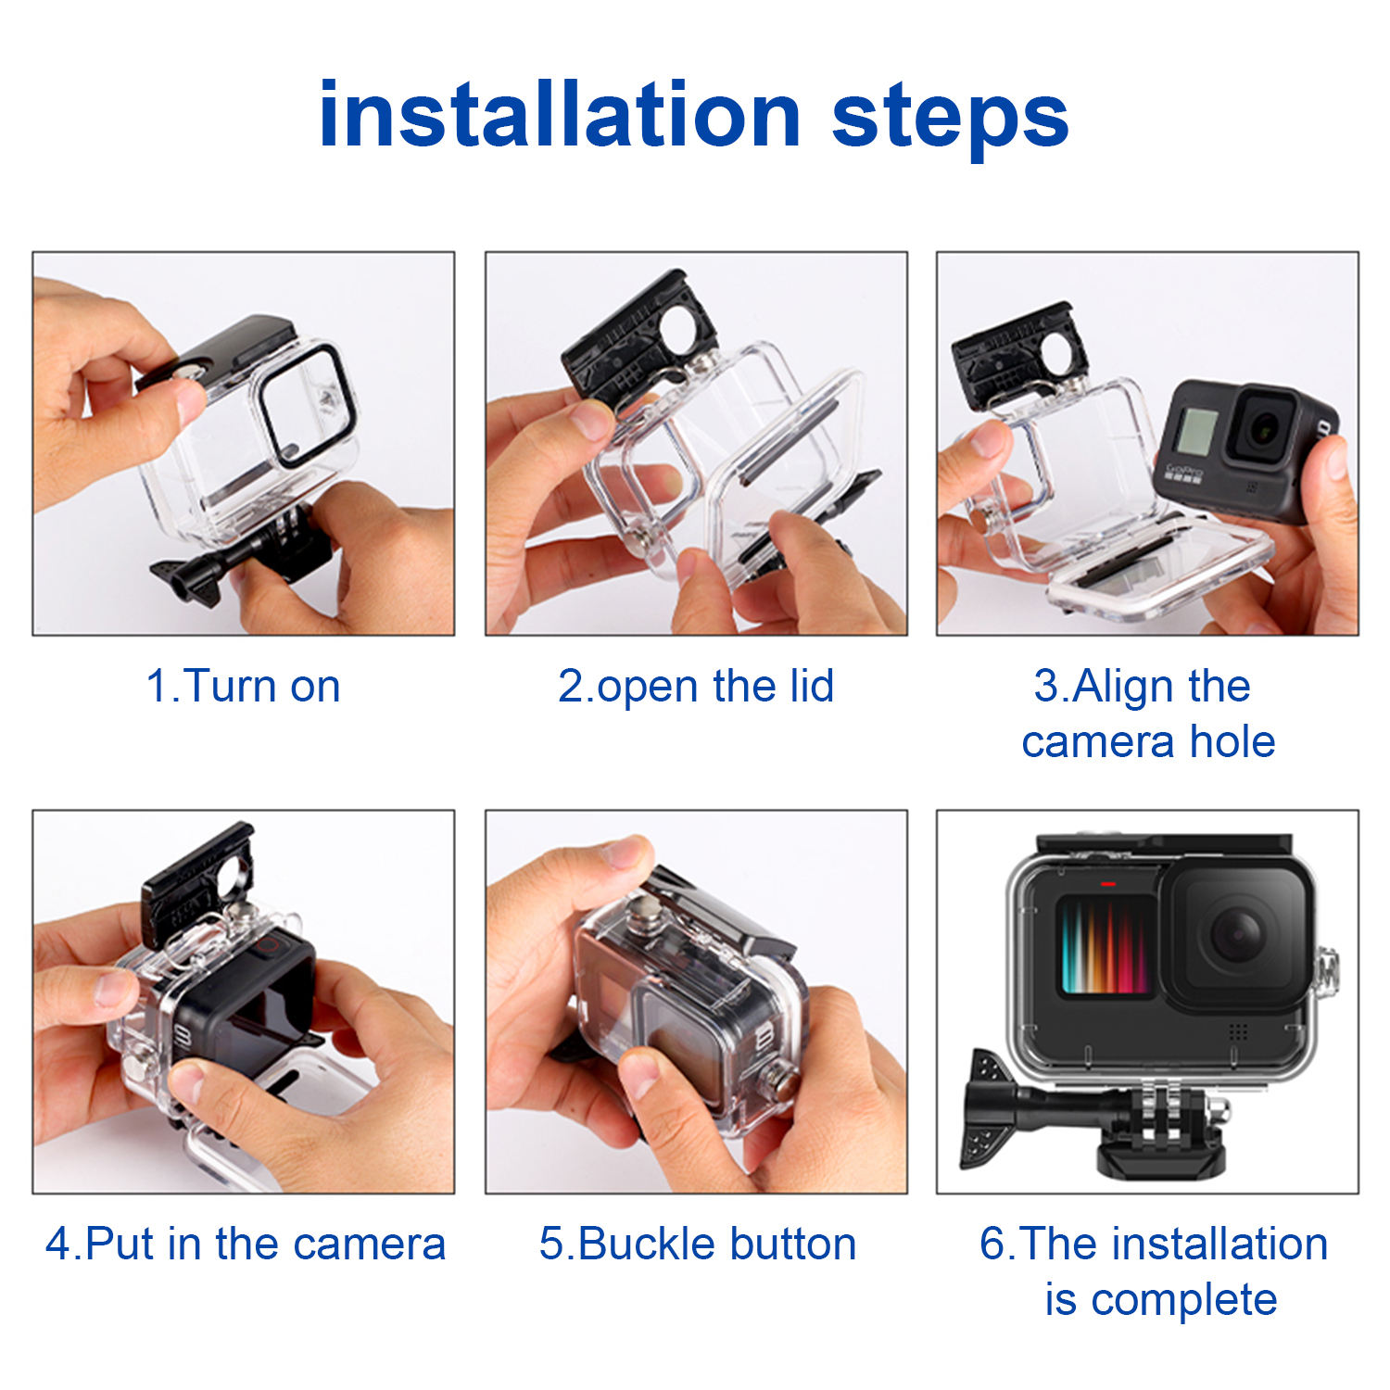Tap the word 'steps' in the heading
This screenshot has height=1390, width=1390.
pos(951,119)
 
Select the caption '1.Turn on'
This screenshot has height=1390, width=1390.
pos(244,687)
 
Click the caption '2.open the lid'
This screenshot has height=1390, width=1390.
pos(696,687)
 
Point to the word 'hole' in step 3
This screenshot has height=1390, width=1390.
pos(1232,741)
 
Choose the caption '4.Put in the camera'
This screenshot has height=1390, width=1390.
pos(246,1244)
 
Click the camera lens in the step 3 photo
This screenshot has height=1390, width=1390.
pos(1262,428)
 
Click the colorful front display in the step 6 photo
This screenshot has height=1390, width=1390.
pos(1105,945)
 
